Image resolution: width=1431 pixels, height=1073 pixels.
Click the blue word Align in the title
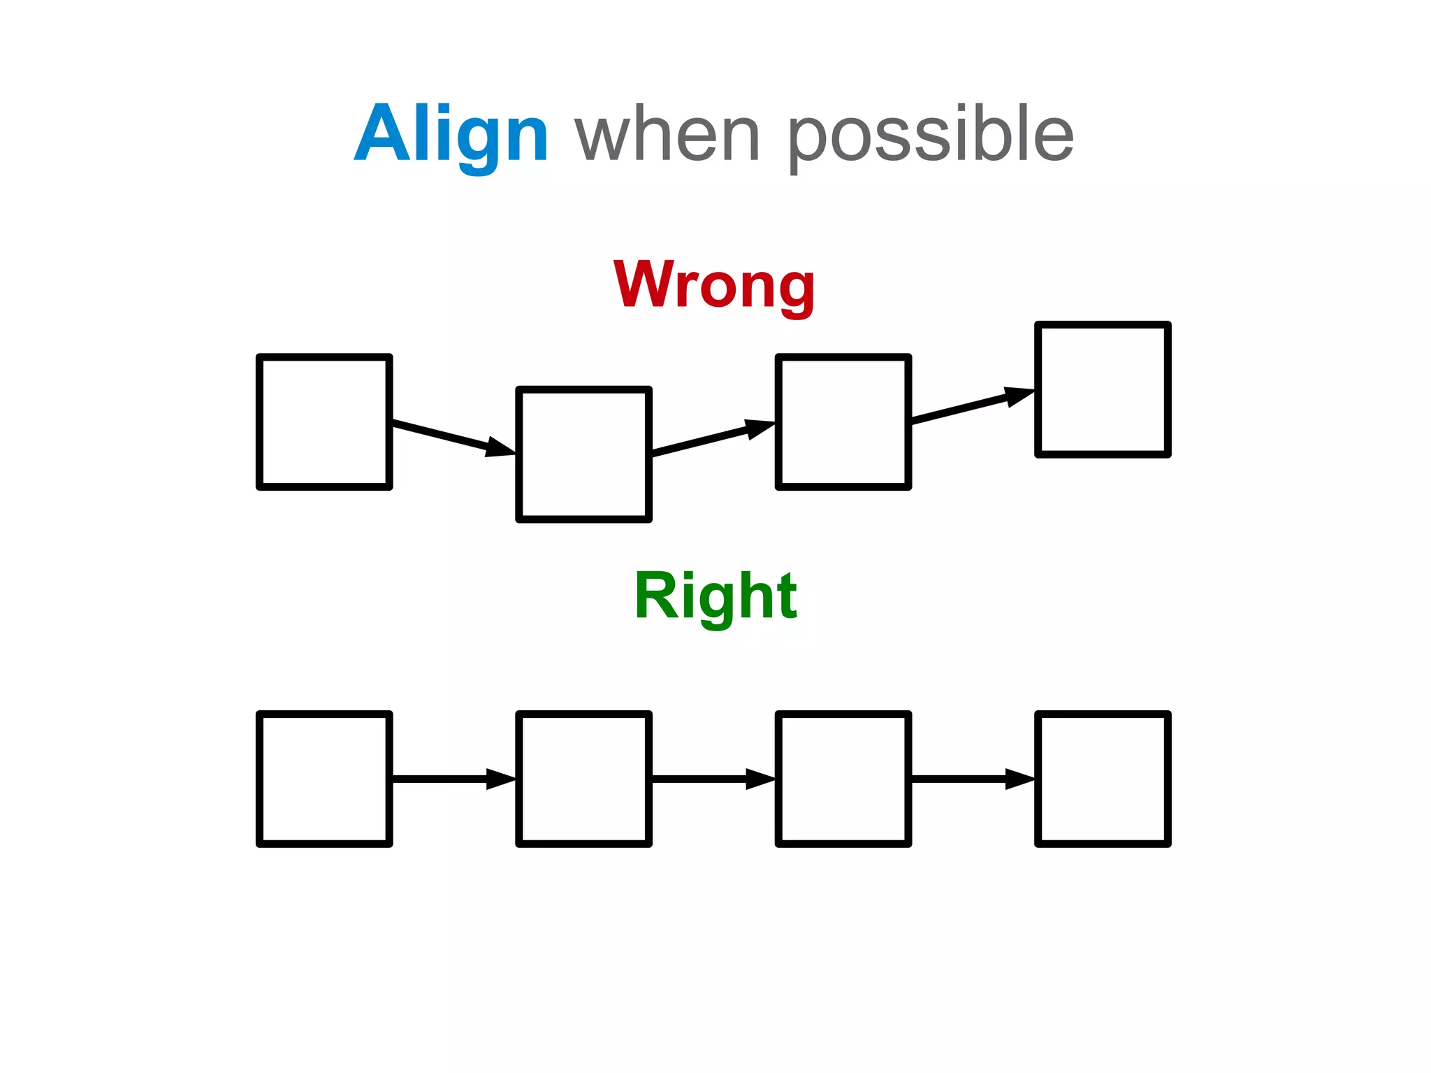[x=451, y=134]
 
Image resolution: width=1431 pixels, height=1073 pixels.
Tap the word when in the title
[x=667, y=134]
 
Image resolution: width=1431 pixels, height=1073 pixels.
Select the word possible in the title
[x=931, y=134]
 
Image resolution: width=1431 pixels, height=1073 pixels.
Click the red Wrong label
[x=714, y=285]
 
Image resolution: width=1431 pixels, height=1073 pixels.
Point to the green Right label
[x=715, y=596]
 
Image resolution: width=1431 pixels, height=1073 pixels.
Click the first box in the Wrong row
[x=324, y=422]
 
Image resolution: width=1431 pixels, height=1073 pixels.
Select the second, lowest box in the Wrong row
[x=583, y=454]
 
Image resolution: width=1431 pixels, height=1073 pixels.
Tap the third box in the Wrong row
[x=843, y=422]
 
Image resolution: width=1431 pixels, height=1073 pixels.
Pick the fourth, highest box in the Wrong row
[x=1103, y=389]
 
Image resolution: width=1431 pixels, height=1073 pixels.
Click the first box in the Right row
[x=324, y=779]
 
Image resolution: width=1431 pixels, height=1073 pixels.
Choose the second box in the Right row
[x=583, y=779]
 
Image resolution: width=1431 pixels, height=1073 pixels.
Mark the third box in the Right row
[x=843, y=779]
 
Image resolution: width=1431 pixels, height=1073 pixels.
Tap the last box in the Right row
[x=1103, y=779]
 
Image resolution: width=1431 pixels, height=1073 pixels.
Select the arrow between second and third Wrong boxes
[x=713, y=438]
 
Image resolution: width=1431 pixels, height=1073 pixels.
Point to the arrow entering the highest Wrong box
[x=972, y=405]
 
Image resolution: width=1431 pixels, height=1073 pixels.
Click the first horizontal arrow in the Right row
[x=453, y=778]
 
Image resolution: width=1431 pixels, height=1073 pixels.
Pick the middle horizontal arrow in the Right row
[x=713, y=778]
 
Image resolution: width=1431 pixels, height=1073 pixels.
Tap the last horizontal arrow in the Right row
[x=972, y=778]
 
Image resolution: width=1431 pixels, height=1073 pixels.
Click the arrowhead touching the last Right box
[x=1020, y=778]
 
